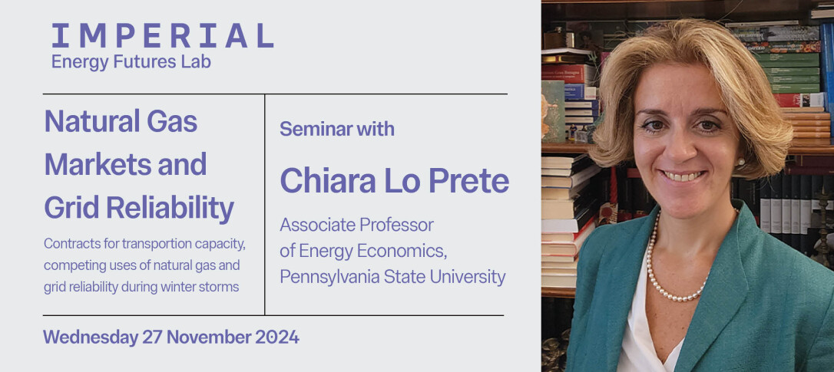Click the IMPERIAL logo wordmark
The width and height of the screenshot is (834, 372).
tap(162, 35)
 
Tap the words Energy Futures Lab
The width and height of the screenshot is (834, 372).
tap(131, 61)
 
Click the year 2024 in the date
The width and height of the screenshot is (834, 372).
tap(276, 337)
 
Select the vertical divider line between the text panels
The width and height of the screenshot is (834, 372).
tap(264, 205)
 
